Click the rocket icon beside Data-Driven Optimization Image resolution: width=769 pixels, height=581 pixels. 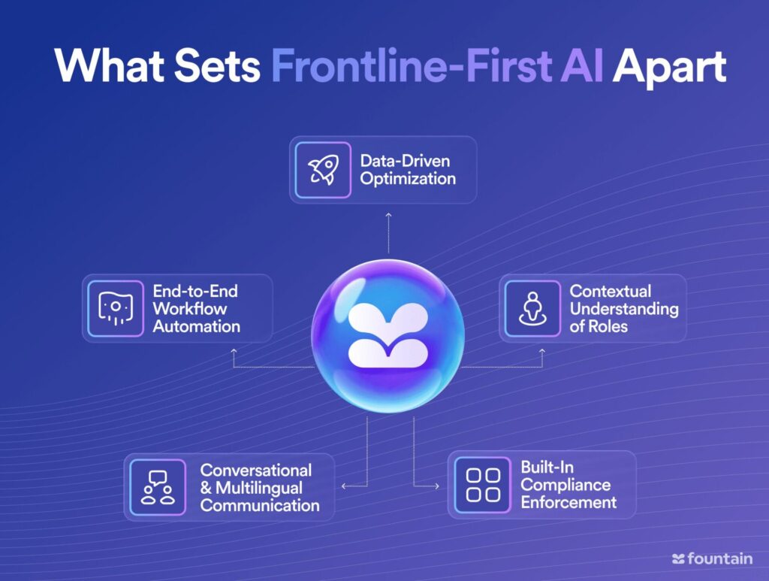[323, 170]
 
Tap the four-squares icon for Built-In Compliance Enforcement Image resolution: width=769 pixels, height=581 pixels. [483, 486]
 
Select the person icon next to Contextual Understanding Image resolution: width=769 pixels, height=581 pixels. [532, 309]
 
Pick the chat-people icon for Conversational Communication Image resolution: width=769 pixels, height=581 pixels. [158, 487]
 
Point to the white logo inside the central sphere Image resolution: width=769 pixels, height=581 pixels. [388, 335]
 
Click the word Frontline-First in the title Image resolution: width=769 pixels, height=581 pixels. [411, 65]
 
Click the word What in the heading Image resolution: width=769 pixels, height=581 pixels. [110, 65]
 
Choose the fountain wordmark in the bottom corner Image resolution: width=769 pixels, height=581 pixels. [712, 558]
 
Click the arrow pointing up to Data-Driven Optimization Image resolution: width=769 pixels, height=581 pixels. [388, 233]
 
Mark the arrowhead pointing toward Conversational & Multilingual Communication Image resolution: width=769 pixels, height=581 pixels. [344, 486]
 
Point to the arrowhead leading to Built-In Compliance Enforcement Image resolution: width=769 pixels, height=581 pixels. [436, 486]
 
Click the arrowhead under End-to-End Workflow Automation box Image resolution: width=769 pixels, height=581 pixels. [234, 351]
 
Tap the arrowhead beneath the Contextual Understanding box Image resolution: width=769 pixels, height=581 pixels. [542, 351]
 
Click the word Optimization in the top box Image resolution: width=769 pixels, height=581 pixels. [408, 179]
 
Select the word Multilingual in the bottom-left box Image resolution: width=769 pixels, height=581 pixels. [259, 489]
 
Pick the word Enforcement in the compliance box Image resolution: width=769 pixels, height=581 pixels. [568, 503]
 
